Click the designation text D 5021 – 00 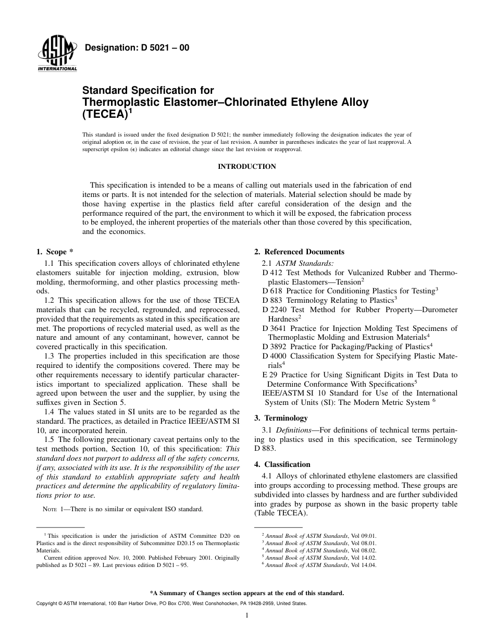[x=137, y=48]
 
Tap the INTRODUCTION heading [x=247, y=167]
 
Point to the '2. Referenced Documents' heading [x=299, y=252]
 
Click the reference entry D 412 [x=272, y=273]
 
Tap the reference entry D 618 [x=272, y=291]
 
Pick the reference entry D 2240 [x=275, y=310]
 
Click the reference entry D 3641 [x=275, y=328]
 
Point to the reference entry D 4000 [x=275, y=356]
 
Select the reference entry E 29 [x=270, y=375]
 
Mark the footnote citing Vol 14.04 [x=318, y=565]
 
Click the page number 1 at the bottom [x=247, y=615]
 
